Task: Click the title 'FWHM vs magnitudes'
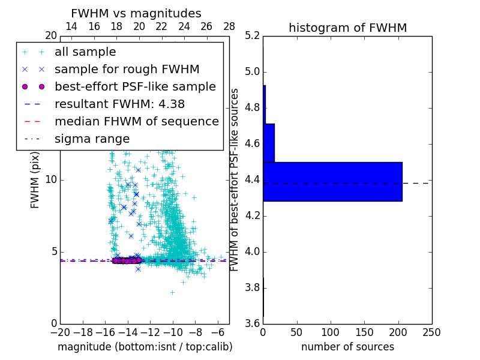click(136, 13)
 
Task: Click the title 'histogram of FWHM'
click(347, 28)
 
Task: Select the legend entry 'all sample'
click(85, 52)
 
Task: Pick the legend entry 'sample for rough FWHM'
click(127, 69)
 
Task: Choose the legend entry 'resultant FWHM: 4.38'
click(119, 104)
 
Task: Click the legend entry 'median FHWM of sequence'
click(136, 121)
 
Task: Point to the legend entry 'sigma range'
click(92, 139)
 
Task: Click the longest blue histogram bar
click(332, 181)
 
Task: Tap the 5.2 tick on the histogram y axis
click(252, 36)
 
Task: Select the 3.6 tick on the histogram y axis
click(252, 323)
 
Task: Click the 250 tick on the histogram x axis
click(431, 332)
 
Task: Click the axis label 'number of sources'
click(347, 347)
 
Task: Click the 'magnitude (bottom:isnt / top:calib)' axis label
click(145, 347)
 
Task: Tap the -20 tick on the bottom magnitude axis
click(60, 332)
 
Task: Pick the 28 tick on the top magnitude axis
click(229, 26)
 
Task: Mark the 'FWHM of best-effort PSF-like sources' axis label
click(235, 179)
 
